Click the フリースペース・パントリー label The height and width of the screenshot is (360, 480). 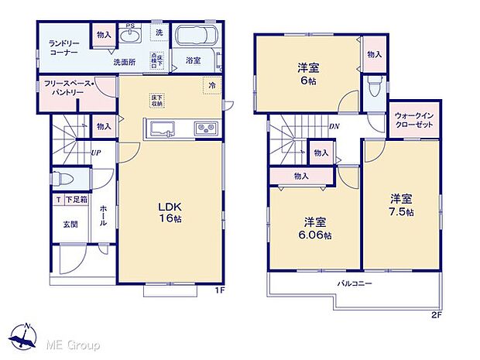coord(69,87)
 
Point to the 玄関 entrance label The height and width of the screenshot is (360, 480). coord(70,225)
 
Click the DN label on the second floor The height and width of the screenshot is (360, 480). coord(334,126)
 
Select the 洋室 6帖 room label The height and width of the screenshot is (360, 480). coord(307,74)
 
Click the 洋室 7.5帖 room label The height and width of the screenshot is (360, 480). coord(401,205)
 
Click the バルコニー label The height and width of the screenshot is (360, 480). coord(355,283)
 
